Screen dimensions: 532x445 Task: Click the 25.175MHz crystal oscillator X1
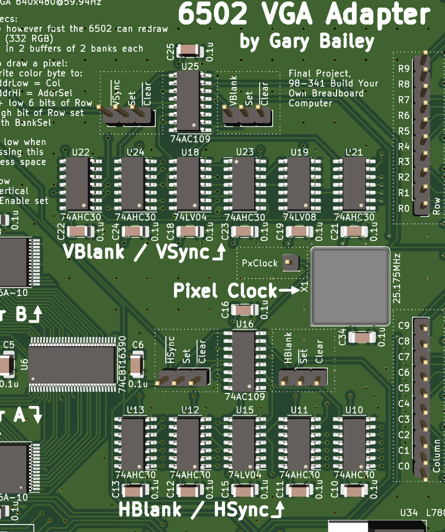[x=350, y=286]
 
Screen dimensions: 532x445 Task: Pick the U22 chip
[x=77, y=184]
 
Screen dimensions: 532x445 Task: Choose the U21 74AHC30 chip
[x=354, y=184]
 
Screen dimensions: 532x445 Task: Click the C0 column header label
[x=403, y=466]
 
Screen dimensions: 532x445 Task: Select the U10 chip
[x=354, y=444]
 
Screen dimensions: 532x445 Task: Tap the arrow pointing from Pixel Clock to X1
[x=289, y=291]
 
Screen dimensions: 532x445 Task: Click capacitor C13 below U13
[x=134, y=490]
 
